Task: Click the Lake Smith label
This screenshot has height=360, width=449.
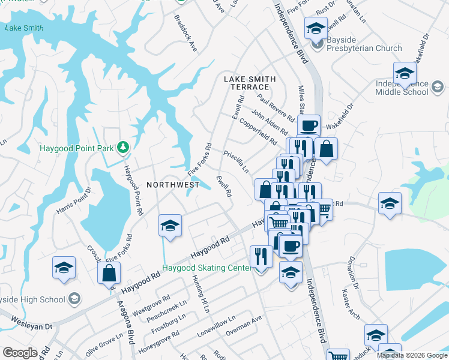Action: click(24, 28)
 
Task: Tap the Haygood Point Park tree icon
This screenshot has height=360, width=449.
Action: click(122, 146)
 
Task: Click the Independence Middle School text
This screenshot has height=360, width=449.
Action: click(402, 88)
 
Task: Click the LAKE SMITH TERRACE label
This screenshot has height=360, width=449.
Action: click(250, 83)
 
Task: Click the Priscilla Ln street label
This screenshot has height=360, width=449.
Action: click(236, 161)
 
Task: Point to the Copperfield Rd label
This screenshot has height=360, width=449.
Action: click(257, 131)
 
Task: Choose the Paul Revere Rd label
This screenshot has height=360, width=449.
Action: click(275, 106)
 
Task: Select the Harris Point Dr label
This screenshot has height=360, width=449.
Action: click(73, 201)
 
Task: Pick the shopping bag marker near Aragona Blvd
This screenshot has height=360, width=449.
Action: click(109, 273)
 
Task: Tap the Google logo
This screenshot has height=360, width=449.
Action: click(20, 353)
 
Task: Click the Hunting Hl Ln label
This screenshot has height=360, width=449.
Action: click(200, 295)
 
